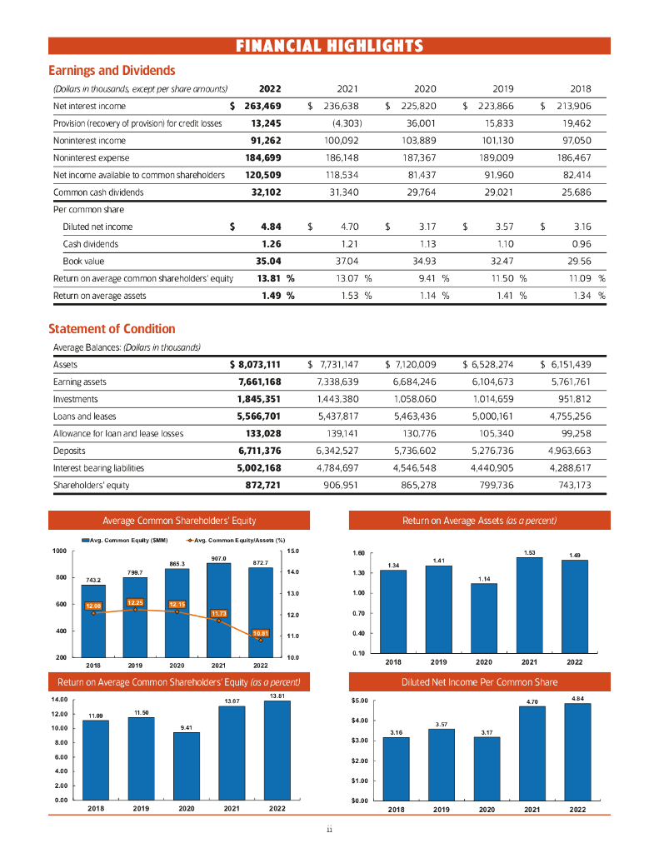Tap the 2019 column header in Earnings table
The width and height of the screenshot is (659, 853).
coord(504,87)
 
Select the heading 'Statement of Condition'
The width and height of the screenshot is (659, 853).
coord(113,329)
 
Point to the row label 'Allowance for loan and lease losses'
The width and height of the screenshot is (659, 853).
coord(117,433)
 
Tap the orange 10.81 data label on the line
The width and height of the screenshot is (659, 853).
coord(261,632)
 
